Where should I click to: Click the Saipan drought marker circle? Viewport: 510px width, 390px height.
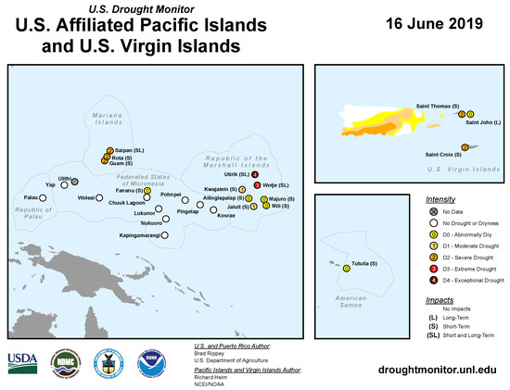[x=110, y=150]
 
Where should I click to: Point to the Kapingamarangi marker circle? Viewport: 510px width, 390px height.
[x=165, y=235]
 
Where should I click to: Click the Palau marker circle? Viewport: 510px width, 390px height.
[x=45, y=197]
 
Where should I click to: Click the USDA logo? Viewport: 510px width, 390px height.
[x=23, y=362]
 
